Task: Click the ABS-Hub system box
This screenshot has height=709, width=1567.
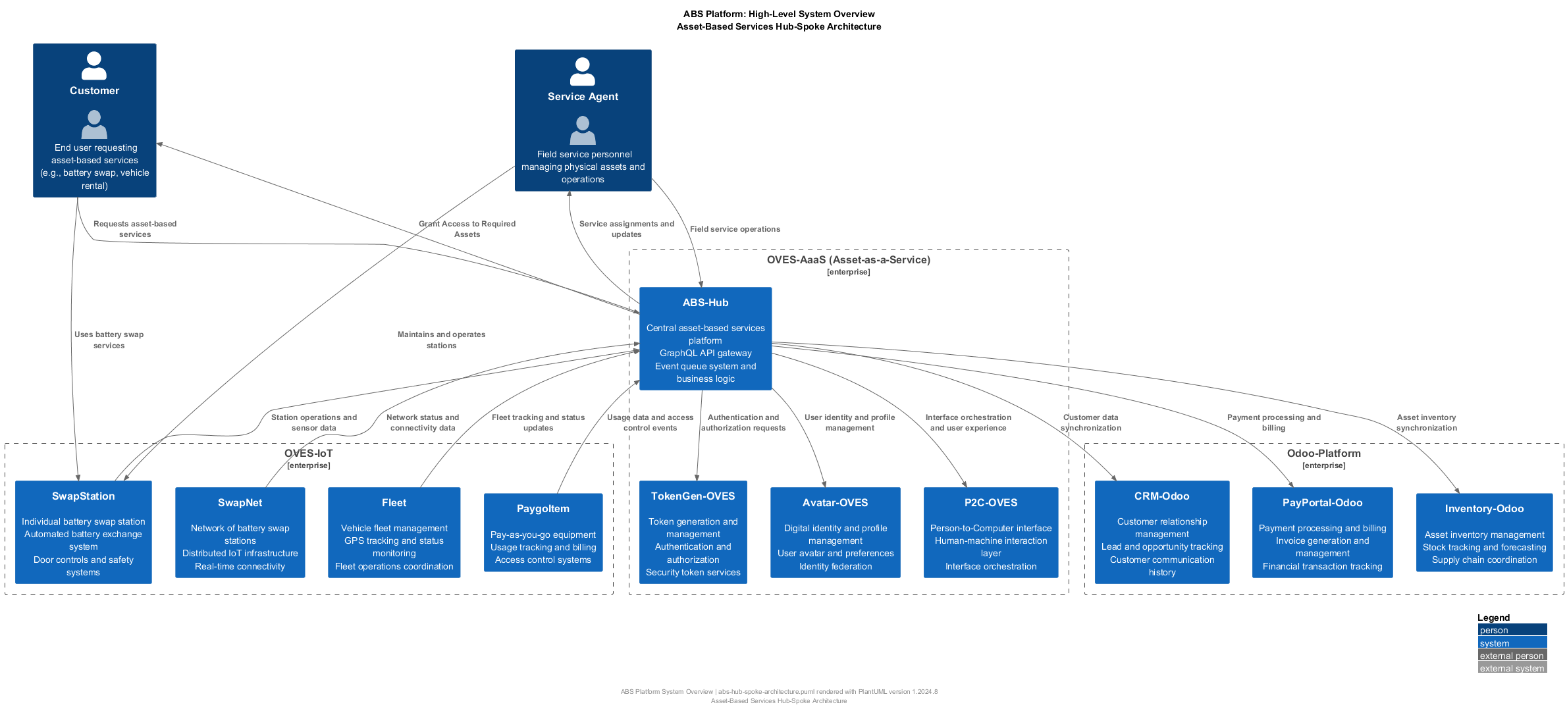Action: (705, 339)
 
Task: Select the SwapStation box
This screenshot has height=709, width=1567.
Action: (84, 533)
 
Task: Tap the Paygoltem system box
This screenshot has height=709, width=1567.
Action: (543, 533)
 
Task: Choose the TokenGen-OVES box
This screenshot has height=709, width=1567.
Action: (693, 533)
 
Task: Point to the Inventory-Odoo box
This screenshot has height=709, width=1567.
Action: (1484, 533)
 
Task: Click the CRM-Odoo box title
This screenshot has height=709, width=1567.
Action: (1161, 496)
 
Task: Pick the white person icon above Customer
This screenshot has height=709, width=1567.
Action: (94, 66)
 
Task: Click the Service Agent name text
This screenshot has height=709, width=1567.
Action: (583, 97)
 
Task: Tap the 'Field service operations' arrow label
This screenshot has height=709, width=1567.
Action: (735, 229)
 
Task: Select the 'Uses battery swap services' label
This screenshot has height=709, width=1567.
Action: (109, 340)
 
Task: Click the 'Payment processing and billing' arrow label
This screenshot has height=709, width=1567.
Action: (1273, 423)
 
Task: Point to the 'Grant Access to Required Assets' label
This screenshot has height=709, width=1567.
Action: (467, 229)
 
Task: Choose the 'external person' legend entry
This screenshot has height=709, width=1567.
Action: (1512, 656)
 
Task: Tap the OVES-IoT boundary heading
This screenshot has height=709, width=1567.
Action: (308, 454)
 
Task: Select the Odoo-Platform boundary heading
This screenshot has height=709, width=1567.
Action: (1323, 454)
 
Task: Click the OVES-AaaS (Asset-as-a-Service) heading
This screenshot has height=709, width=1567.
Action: (848, 260)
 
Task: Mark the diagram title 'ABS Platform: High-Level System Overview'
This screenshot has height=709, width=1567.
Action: (779, 14)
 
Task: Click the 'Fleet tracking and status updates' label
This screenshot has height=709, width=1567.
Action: (538, 423)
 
